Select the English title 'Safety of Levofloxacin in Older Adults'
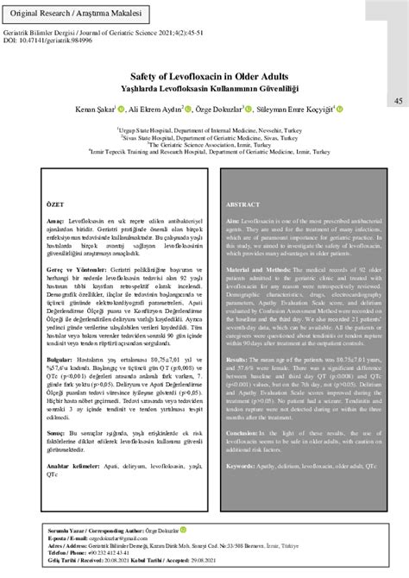[x=204, y=75]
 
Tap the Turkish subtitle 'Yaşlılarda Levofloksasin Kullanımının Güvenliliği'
[x=204, y=86]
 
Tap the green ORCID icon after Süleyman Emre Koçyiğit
[x=340, y=109]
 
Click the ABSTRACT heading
[x=244, y=205]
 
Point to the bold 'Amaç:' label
[x=57, y=222]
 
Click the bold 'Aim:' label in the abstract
[x=233, y=222]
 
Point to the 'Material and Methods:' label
[x=260, y=270]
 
